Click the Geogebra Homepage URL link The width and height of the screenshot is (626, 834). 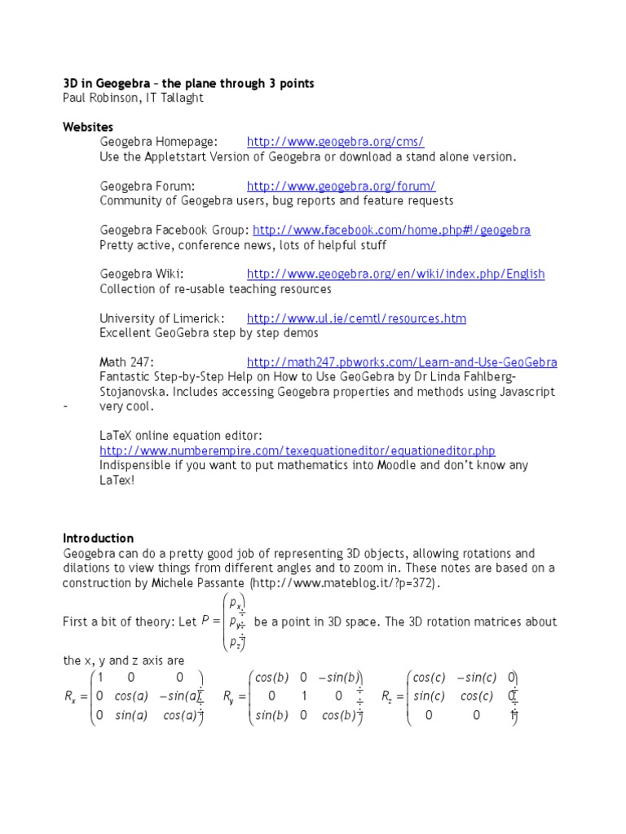pos(335,141)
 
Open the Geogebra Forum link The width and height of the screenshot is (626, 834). pos(341,186)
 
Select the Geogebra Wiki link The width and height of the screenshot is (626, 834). pos(395,274)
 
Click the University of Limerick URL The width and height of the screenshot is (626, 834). pos(356,318)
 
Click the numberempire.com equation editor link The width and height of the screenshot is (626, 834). pos(298,450)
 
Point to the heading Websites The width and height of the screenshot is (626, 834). pos(88,127)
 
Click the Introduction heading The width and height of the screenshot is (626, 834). pos(98,538)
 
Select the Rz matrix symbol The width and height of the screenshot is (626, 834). pos(390,697)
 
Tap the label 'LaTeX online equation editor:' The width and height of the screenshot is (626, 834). pos(181,436)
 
